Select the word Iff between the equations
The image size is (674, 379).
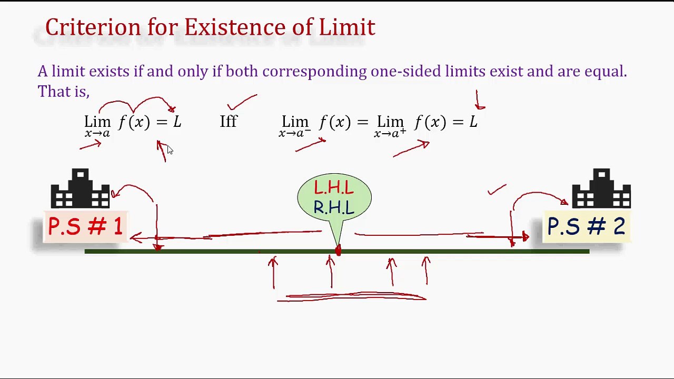(x=229, y=122)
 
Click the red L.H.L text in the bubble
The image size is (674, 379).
(x=334, y=188)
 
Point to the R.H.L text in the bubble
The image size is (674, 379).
(x=334, y=208)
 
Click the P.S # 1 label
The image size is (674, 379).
(x=85, y=227)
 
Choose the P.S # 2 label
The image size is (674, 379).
(x=586, y=227)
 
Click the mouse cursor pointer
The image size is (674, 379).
(x=170, y=151)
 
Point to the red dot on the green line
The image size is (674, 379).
(x=338, y=251)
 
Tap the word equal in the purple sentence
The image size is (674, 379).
(x=605, y=72)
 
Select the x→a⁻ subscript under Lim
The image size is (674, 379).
(x=294, y=134)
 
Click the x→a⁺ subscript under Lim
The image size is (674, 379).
(x=390, y=134)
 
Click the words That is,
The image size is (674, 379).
(x=63, y=92)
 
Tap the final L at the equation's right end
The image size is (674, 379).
(x=473, y=122)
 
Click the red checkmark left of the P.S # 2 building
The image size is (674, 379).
(x=497, y=189)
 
